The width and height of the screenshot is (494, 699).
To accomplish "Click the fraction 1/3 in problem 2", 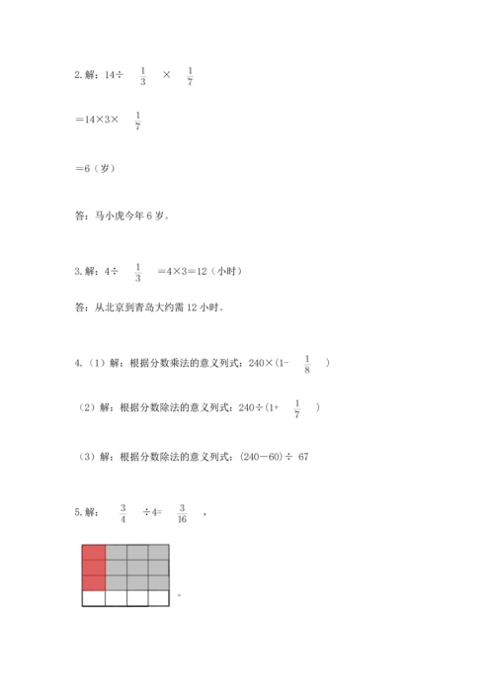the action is pyautogui.click(x=143, y=75).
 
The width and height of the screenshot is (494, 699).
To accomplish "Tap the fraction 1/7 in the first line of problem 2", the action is pyautogui.click(x=190, y=75).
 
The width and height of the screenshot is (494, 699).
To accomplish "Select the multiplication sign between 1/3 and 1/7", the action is pyautogui.click(x=166, y=75).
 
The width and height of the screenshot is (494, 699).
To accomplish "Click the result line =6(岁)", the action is pyautogui.click(x=96, y=168).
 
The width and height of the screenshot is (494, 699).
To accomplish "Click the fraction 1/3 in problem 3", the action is pyautogui.click(x=137, y=271).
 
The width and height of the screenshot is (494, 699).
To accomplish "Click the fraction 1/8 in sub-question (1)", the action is pyautogui.click(x=307, y=365).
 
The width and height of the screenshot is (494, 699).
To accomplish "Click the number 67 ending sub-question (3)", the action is pyautogui.click(x=303, y=456).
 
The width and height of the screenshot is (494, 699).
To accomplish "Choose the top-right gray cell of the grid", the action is pyautogui.click(x=159, y=553).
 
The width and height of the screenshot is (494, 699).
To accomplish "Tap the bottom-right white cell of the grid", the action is pyautogui.click(x=159, y=597).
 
